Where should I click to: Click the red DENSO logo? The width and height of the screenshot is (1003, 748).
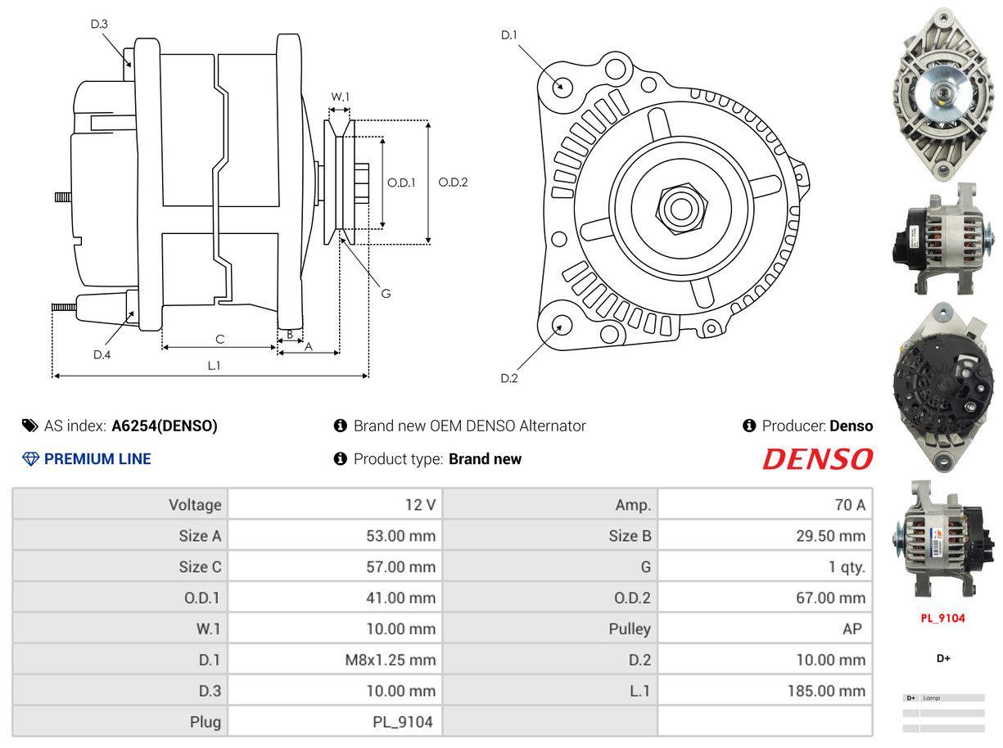[817, 459]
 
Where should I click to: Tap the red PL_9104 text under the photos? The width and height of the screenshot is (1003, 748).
[942, 618]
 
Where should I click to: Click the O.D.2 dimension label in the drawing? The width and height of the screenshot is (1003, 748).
[453, 182]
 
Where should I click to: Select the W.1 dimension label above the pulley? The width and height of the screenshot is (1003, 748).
[340, 97]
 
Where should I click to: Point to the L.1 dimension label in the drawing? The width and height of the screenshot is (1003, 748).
[214, 366]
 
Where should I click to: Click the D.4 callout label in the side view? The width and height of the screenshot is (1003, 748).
[102, 354]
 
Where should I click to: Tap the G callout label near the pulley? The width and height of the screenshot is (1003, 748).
[386, 293]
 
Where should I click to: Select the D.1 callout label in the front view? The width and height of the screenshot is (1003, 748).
[509, 34]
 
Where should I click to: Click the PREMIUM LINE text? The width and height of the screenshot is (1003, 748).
[97, 459]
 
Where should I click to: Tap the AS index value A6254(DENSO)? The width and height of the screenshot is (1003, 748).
[165, 426]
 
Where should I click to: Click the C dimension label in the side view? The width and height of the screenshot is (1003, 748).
[219, 339]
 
